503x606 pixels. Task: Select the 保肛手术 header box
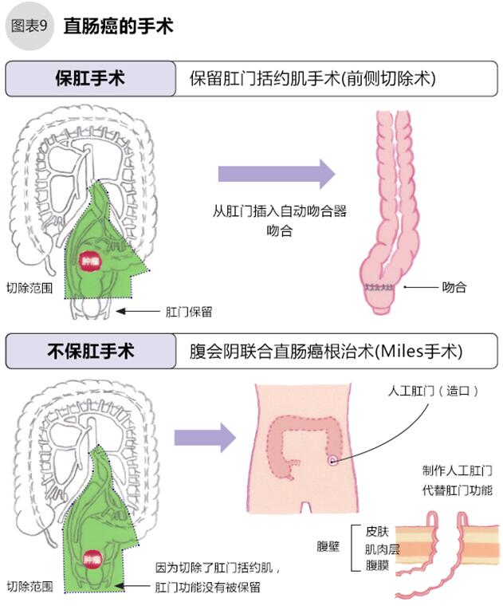point(90,79)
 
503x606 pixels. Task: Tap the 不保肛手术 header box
point(90,351)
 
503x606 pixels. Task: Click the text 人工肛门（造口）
point(433,392)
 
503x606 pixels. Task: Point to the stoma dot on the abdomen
point(332,460)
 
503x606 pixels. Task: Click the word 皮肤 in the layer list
point(377,529)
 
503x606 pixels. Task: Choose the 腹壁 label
point(328,547)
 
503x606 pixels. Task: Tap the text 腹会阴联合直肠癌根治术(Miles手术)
point(325,351)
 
